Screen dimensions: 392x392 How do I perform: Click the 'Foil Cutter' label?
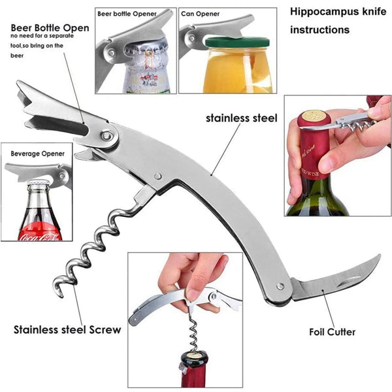(x=332, y=332)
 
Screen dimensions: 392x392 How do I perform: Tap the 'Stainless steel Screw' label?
(x=67, y=330)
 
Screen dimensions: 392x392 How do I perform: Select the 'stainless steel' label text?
(x=242, y=118)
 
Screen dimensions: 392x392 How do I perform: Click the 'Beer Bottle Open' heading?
(x=50, y=27)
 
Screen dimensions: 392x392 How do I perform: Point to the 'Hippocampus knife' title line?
(x=338, y=12)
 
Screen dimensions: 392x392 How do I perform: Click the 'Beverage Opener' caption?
(x=37, y=154)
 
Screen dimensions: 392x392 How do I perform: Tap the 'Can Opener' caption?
(x=201, y=14)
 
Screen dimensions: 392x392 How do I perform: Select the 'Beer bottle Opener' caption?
(x=127, y=14)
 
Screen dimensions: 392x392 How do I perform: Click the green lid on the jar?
(x=237, y=42)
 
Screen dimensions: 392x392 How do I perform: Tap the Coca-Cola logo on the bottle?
(x=40, y=237)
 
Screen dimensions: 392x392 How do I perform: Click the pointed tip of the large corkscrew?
(x=61, y=297)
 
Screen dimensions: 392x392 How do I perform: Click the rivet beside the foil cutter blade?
(x=280, y=286)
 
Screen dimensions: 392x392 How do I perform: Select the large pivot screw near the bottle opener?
(x=107, y=136)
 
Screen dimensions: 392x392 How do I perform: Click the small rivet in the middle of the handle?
(x=157, y=176)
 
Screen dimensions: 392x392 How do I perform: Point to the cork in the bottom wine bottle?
(x=195, y=354)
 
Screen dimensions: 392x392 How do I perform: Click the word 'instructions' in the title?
(x=319, y=30)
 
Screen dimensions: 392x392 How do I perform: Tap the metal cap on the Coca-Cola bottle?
(x=38, y=182)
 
